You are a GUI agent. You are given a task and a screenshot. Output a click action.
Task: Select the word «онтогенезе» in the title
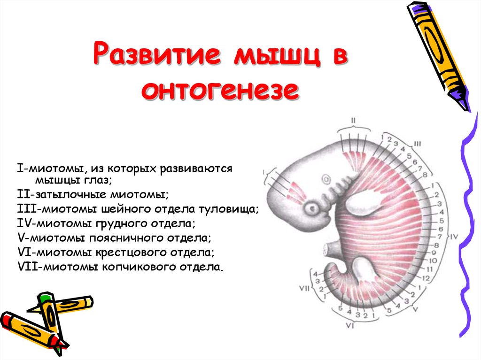point(220,90)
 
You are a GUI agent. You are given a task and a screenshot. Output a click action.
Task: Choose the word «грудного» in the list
point(119,223)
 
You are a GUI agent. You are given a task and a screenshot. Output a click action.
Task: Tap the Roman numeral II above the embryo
point(354,121)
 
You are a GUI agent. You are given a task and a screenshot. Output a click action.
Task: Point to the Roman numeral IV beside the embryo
point(454,237)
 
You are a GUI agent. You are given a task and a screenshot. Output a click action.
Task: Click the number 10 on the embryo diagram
point(433,260)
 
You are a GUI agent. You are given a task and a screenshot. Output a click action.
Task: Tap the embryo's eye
point(311,207)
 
